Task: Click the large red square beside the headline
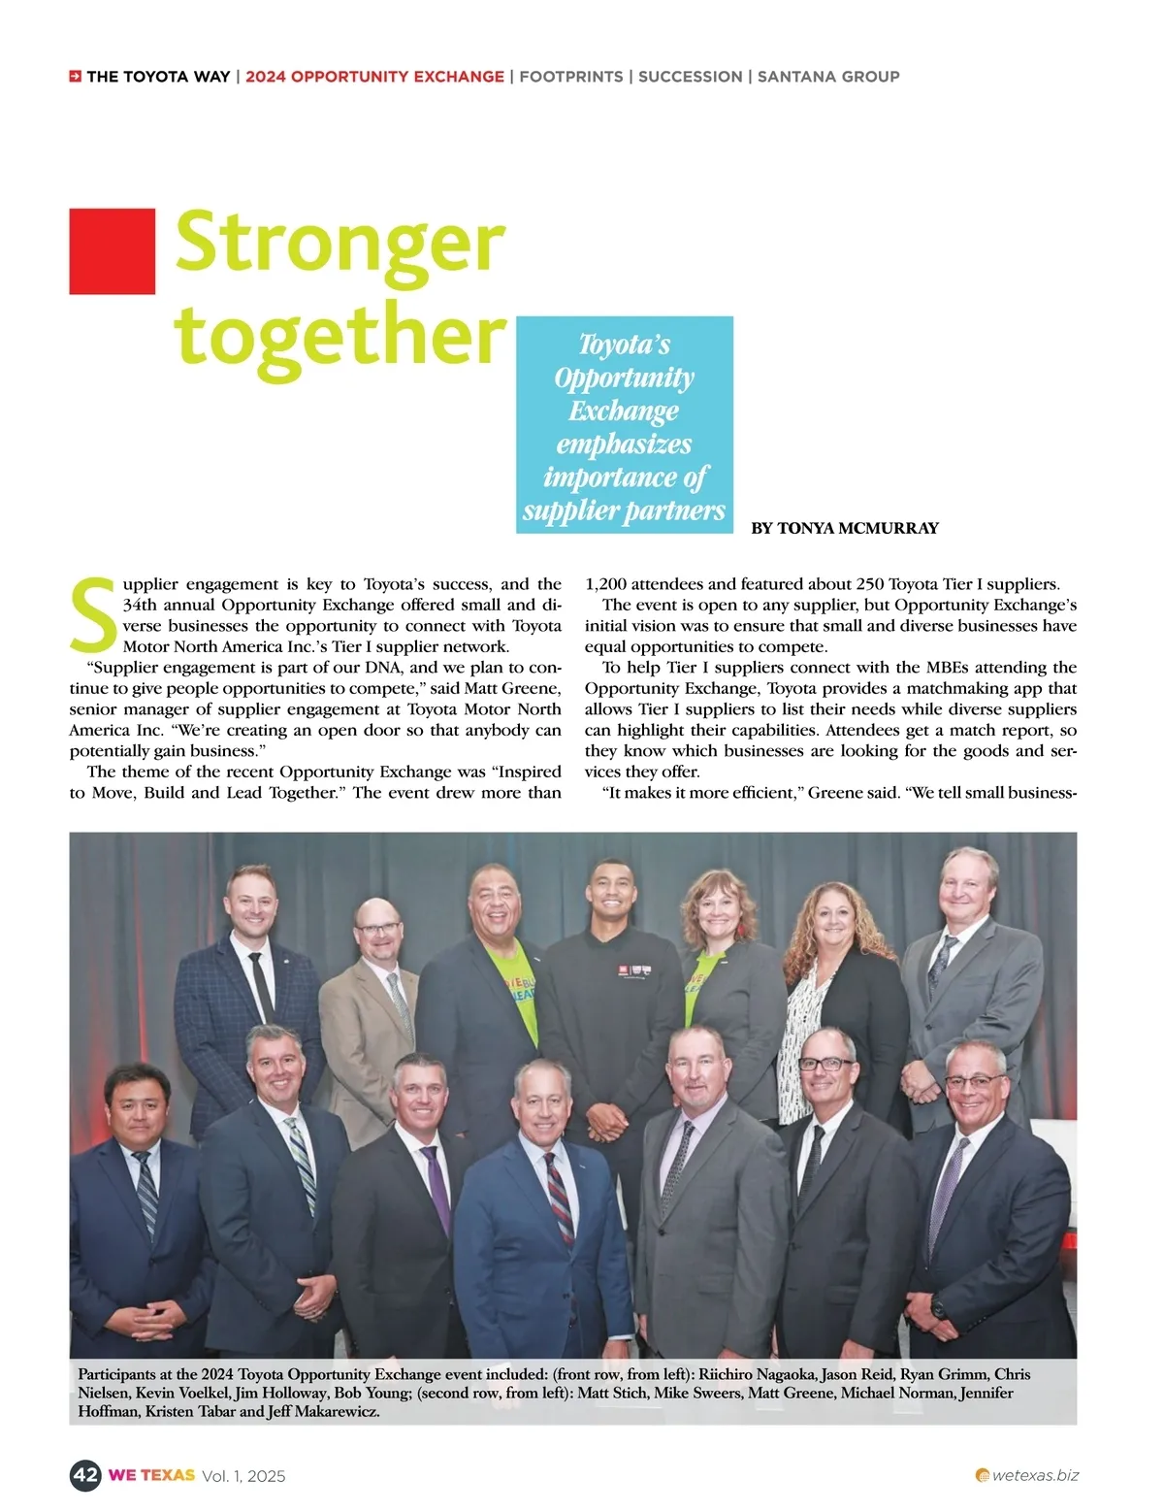pos(112,250)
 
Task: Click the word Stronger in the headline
pos(339,243)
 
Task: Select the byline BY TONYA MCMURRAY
pos(845,528)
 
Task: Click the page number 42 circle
pos(85,1475)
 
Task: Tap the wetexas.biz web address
pos(1035,1475)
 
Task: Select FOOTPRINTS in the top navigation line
pos(571,77)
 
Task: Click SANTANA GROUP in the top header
pos(828,77)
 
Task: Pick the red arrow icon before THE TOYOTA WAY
pos(75,77)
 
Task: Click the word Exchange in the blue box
pos(624,411)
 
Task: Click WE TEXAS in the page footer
pos(151,1475)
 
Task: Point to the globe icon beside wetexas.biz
pos(982,1476)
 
